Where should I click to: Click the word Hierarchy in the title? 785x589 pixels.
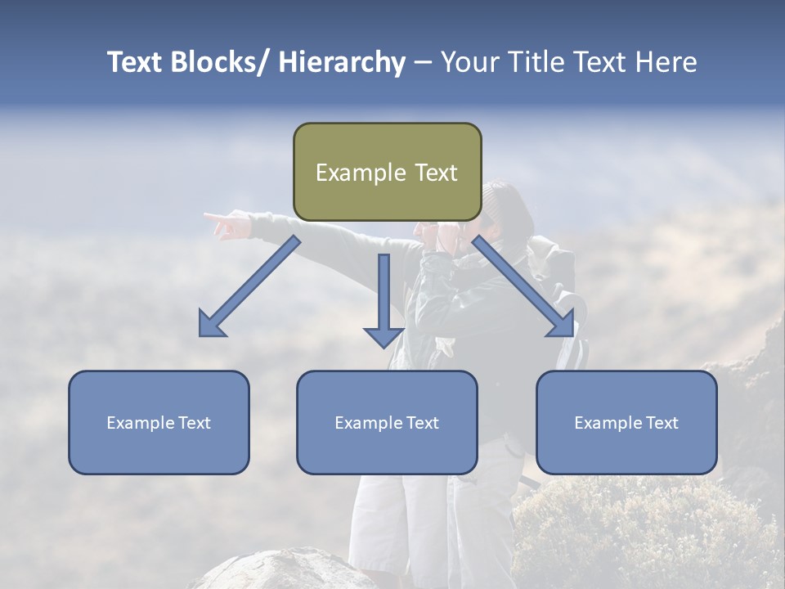coord(342,62)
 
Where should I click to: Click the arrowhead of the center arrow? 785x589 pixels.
coord(384,336)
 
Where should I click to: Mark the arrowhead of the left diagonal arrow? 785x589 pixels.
coord(210,325)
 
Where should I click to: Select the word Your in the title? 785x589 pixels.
coord(469,62)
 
